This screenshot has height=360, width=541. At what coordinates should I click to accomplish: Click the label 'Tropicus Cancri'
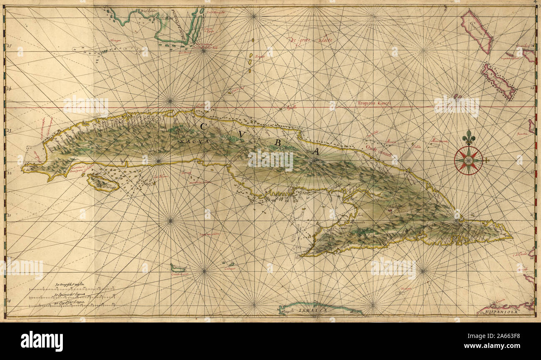374,103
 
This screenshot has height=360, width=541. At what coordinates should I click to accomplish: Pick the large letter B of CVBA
278,143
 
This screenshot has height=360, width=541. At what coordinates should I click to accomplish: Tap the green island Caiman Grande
178,268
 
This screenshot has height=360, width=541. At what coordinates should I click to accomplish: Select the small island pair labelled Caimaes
228,264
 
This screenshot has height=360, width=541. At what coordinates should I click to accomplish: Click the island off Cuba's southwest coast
102,183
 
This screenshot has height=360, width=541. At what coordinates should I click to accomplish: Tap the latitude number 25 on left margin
9,46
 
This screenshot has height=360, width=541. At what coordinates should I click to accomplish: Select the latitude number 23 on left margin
9,131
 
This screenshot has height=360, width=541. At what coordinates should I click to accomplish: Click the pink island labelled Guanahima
476,31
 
